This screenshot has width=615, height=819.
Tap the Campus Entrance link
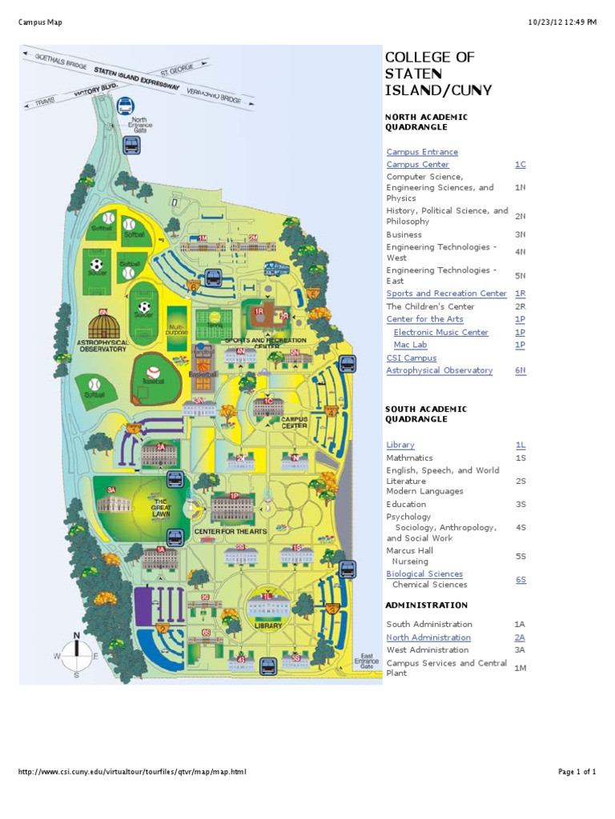click(x=422, y=152)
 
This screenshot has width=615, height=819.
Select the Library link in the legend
click(x=400, y=445)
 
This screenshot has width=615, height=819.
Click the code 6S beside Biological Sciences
click(x=521, y=579)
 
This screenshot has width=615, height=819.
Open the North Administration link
click(x=428, y=637)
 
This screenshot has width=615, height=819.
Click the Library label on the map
click(x=268, y=626)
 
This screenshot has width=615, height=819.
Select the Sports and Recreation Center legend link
click(x=446, y=294)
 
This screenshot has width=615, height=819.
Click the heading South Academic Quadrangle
click(x=426, y=413)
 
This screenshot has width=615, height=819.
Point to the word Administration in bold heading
click(x=426, y=605)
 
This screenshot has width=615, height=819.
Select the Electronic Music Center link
click(x=440, y=332)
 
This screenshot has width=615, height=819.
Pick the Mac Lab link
click(x=410, y=345)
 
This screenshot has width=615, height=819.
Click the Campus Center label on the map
click(x=293, y=422)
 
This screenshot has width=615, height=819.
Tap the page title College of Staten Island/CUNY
click(x=438, y=74)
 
